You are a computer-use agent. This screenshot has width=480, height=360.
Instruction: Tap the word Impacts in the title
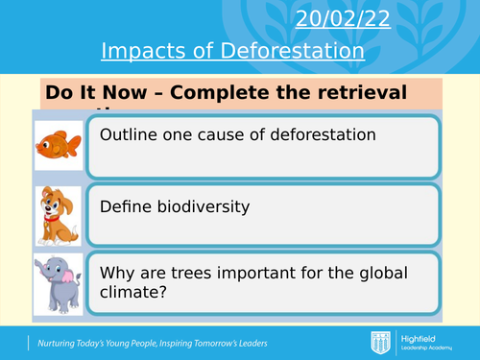[x=140, y=51]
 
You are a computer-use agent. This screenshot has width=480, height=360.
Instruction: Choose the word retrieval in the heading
[x=356, y=93]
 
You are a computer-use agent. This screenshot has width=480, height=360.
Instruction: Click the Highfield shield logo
[x=380, y=342]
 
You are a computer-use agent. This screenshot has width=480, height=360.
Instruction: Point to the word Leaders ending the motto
[x=244, y=343]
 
